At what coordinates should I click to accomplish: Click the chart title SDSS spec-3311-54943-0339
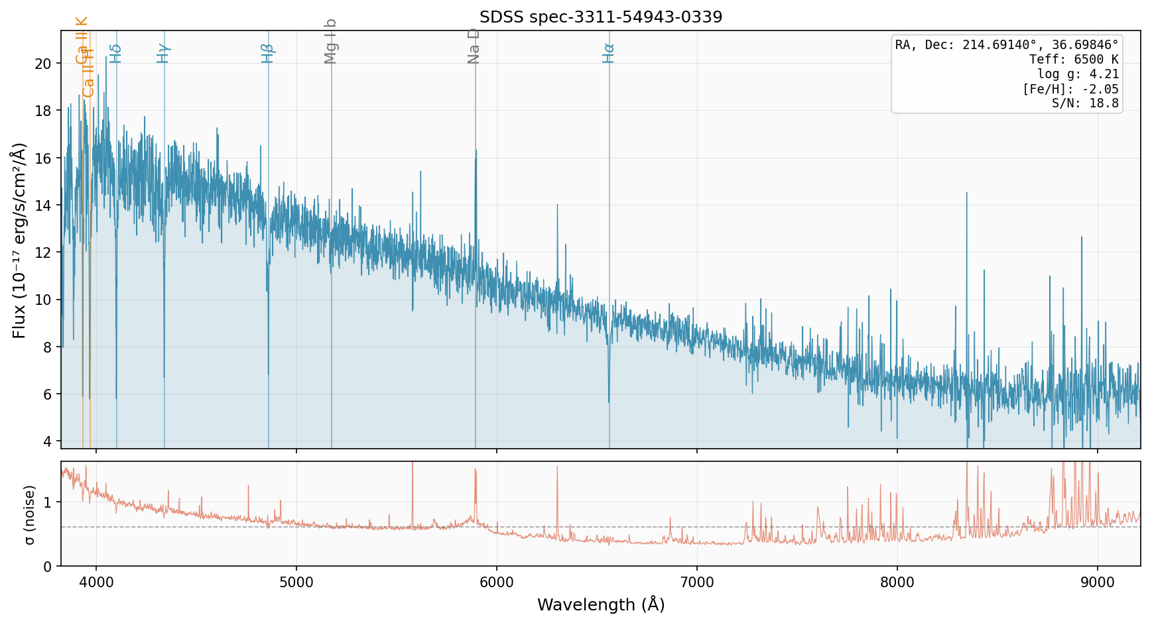[600, 17]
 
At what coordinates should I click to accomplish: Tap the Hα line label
[608, 53]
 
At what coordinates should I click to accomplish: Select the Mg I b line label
[331, 42]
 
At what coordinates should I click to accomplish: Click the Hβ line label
[267, 53]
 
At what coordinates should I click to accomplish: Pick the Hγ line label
[163, 53]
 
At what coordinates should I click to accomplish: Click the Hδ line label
[115, 54]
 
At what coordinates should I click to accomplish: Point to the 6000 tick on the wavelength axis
[497, 583]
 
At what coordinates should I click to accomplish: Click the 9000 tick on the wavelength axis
[1098, 583]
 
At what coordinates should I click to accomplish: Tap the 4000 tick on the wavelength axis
[96, 583]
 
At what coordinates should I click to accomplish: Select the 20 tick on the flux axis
[44, 64]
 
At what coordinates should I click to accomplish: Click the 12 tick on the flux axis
[44, 253]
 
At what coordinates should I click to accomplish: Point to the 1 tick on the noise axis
[48, 502]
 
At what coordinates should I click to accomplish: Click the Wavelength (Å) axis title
[600, 604]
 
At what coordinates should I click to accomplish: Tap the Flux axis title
[19, 240]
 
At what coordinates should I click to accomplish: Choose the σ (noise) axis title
[29, 514]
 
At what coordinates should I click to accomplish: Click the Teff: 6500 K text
[1073, 60]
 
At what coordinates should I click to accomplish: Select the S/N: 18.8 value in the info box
[1085, 103]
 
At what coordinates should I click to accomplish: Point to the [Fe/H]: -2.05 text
[1070, 89]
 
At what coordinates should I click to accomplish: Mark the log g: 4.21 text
[1078, 74]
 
